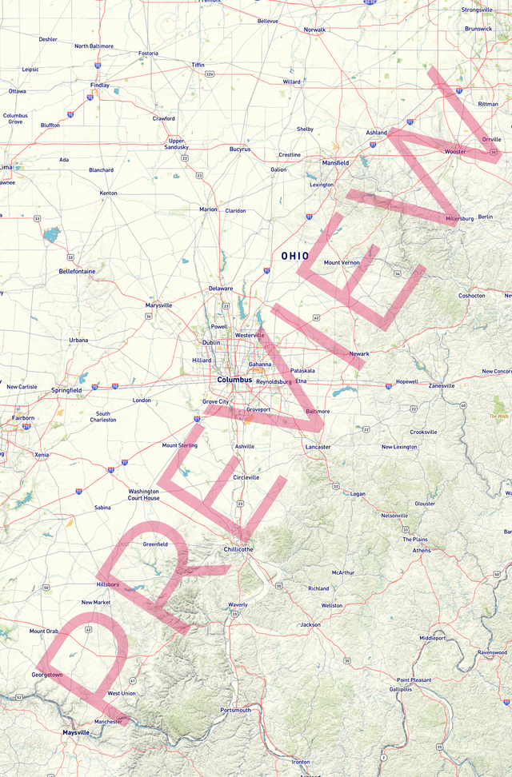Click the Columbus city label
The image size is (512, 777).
coord(234,380)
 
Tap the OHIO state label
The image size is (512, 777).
coord(294,256)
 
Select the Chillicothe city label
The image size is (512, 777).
coord(238,549)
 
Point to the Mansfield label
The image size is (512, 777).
coord(335,162)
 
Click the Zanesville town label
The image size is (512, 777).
coord(442,385)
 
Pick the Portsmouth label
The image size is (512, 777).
coord(236,710)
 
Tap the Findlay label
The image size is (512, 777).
coord(100,85)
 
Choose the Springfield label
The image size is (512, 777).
coord(66,390)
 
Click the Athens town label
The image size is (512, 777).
coord(422,550)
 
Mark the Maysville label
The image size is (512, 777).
coord(77,732)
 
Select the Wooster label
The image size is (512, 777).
coord(455,151)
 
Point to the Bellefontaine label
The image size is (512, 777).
coord(77,271)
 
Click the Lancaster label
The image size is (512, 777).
coord(318,447)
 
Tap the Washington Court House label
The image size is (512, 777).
coord(144,494)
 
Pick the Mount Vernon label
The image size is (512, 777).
coord(342,262)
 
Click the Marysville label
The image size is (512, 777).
coord(158,305)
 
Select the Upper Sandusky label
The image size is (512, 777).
coord(176,144)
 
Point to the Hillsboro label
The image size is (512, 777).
coord(108,584)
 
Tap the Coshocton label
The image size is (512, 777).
coord(471,296)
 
